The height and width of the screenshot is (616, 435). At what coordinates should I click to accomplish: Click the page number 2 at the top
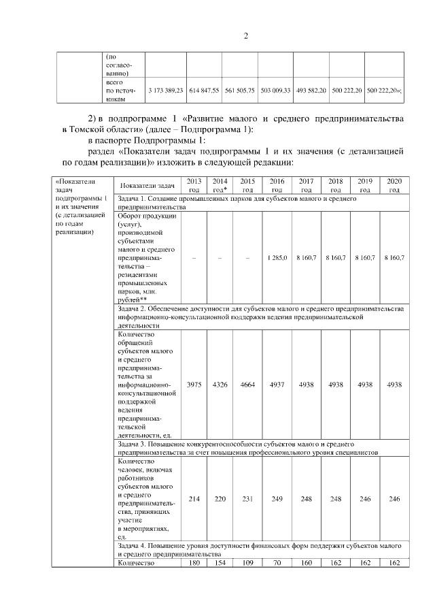(246, 36)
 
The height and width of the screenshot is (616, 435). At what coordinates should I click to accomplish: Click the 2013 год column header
(194, 185)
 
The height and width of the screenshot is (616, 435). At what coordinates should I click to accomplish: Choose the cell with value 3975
(194, 385)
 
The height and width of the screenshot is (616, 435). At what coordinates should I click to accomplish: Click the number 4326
(220, 385)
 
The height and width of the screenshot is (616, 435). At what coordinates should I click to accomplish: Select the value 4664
(247, 385)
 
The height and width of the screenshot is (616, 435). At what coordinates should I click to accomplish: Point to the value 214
(194, 499)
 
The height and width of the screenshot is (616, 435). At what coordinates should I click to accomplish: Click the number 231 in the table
(247, 499)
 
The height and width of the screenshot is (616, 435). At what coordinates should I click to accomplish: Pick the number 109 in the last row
(247, 563)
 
